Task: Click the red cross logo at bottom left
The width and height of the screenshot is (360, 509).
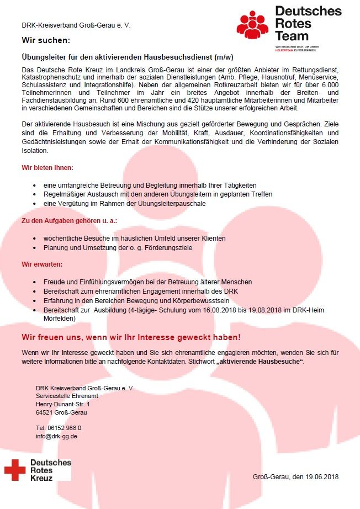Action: pyautogui.click(x=15, y=469)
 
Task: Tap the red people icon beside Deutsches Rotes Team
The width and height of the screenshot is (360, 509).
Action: pyautogui.click(x=254, y=25)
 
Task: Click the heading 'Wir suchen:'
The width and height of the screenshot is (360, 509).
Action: pyautogui.click(x=46, y=40)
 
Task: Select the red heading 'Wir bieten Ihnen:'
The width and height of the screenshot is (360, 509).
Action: pyautogui.click(x=47, y=167)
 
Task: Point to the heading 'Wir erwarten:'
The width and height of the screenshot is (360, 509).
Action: pyautogui.click(x=43, y=264)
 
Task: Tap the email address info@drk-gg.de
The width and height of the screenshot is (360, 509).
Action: pyautogui.click(x=56, y=436)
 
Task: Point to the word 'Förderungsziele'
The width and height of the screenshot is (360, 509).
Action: pyautogui.click(x=169, y=248)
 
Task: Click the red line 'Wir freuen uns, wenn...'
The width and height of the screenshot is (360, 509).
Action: pyautogui.click(x=131, y=337)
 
